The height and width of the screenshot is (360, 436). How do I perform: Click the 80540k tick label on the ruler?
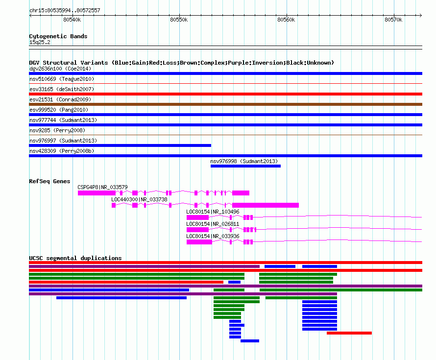click(72, 20)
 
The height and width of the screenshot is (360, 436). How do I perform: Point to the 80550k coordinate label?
click(179, 20)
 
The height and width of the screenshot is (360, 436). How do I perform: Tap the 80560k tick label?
click(286, 20)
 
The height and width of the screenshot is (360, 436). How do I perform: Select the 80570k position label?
click(393, 20)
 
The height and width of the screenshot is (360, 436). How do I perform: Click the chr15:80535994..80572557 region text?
click(65, 10)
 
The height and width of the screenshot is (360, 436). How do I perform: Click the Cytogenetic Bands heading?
click(58, 36)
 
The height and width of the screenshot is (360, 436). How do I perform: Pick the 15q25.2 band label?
click(40, 42)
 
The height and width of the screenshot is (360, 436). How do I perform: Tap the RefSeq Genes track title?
click(49, 181)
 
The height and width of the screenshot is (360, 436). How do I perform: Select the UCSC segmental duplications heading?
click(75, 258)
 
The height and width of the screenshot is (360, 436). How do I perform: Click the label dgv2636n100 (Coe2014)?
click(60, 69)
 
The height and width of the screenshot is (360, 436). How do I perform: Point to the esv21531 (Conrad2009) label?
click(60, 99)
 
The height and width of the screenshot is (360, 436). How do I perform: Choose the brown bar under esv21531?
click(225, 104)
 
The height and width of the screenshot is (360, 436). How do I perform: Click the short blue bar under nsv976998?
click(245, 166)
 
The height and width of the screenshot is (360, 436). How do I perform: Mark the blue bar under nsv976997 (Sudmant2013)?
click(120, 145)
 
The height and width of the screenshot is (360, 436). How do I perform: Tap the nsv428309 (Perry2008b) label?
click(62, 151)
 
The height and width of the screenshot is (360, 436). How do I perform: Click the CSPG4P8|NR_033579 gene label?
click(102, 187)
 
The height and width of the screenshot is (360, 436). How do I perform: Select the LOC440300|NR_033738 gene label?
click(139, 199)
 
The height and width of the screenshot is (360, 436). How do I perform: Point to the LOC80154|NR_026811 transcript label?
click(213, 224)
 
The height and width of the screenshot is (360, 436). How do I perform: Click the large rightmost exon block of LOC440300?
click(266, 205)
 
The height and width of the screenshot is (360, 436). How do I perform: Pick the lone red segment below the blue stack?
click(349, 333)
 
